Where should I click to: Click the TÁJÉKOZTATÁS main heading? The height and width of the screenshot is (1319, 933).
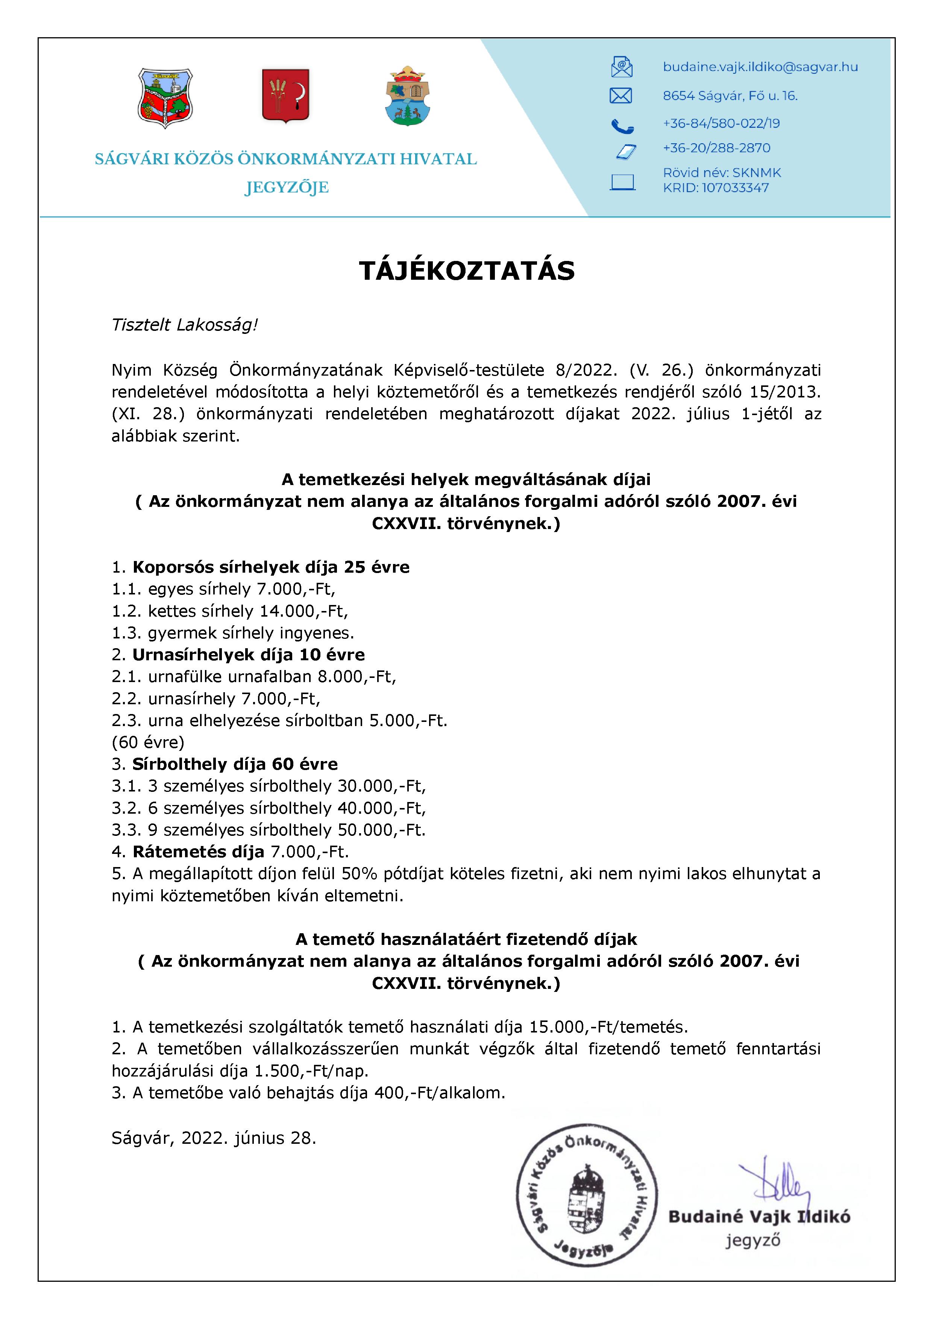(x=466, y=271)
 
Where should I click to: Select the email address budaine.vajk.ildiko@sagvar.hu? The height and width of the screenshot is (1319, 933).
(x=760, y=67)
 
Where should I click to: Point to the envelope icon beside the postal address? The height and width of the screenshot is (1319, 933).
(x=620, y=96)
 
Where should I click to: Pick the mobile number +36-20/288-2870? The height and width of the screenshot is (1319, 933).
(x=716, y=148)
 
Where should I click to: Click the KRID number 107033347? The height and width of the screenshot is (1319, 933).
(x=735, y=188)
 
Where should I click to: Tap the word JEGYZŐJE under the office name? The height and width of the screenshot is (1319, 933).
(x=286, y=187)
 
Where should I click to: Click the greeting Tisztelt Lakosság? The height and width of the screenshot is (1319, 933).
(x=184, y=325)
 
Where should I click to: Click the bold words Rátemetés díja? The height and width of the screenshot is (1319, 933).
(x=198, y=852)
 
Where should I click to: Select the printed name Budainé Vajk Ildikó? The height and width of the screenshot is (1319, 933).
(x=759, y=1217)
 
